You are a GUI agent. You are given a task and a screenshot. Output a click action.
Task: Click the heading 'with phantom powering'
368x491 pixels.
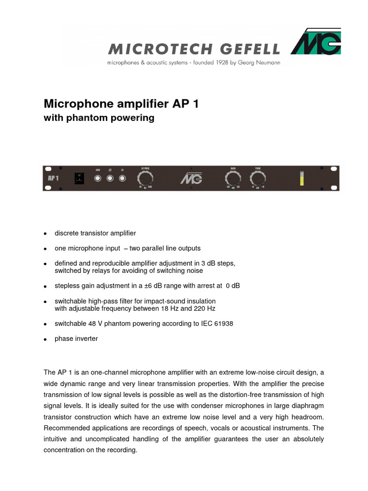pyautogui.click(x=99, y=118)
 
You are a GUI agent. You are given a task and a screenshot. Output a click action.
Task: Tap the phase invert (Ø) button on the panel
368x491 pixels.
pyautogui.click(x=110, y=179)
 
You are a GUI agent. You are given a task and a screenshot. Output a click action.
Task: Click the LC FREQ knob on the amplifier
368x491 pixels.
pyautogui.click(x=146, y=179)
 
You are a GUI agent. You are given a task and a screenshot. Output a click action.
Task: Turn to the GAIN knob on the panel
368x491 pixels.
pyautogui.click(x=233, y=179)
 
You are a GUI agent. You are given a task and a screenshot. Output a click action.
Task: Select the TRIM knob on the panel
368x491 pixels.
pyautogui.click(x=257, y=179)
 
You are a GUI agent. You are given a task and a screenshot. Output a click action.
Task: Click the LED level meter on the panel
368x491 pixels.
pyautogui.click(x=301, y=178)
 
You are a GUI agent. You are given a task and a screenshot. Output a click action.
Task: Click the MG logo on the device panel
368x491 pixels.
pyautogui.click(x=191, y=179)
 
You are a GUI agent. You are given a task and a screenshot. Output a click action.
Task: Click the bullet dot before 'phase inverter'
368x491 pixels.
pyautogui.click(x=45, y=339)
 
